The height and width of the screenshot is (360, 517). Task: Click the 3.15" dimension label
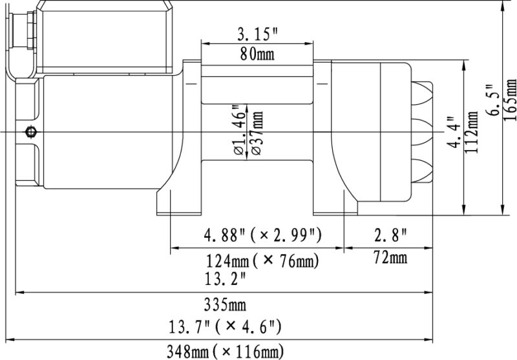(257, 34)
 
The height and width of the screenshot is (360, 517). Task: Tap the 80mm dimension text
(257, 54)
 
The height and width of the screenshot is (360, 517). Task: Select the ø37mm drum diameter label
(257, 132)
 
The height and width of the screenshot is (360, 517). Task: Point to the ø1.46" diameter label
(240, 130)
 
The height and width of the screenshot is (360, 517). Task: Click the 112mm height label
(472, 132)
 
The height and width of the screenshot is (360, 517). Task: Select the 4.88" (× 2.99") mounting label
(262, 235)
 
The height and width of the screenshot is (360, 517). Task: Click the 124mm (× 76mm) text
(262, 260)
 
